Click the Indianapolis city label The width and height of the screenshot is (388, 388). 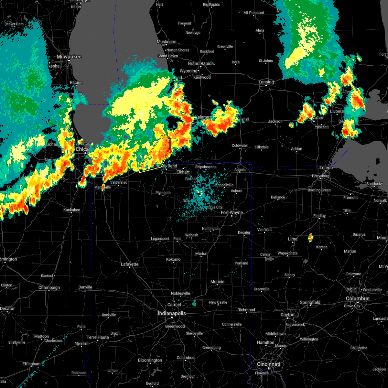tap(172, 313)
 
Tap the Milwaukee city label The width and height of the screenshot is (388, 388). tap(69, 57)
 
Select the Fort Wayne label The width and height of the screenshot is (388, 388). tap(232, 212)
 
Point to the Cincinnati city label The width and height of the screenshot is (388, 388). tap(268, 364)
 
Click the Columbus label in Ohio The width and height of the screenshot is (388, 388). tap(358, 298)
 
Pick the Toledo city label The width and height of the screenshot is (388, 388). tap(326, 167)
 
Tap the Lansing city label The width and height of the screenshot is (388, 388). tap(266, 82)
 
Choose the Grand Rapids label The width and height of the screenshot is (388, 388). tap(200, 63)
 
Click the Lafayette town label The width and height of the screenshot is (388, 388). tap(130, 264)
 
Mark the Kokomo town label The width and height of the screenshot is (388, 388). tap(173, 259)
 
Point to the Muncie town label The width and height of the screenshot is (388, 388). tap(217, 282)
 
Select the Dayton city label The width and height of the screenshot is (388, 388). tap(287, 315)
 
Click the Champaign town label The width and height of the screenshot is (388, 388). tap(49, 287)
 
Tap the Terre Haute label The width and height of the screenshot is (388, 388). tap(98, 337)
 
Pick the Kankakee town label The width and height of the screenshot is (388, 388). tap(71, 210)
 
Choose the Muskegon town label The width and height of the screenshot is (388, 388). tap(167, 42)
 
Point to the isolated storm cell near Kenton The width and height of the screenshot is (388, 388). tap(310, 238)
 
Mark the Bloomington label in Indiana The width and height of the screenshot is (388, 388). tap(150, 360)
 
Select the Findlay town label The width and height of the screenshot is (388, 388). tap(319, 216)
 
